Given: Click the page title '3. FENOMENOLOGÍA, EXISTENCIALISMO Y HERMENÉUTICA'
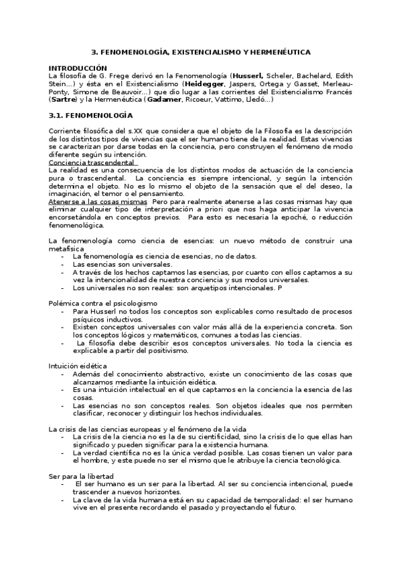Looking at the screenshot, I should coord(200,51).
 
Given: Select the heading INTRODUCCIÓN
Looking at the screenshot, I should coord(78,68).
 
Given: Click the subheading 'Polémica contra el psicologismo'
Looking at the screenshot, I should coord(102,303).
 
